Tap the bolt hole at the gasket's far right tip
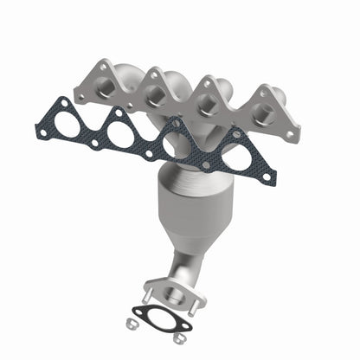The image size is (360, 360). pyautogui.click(x=267, y=177)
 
